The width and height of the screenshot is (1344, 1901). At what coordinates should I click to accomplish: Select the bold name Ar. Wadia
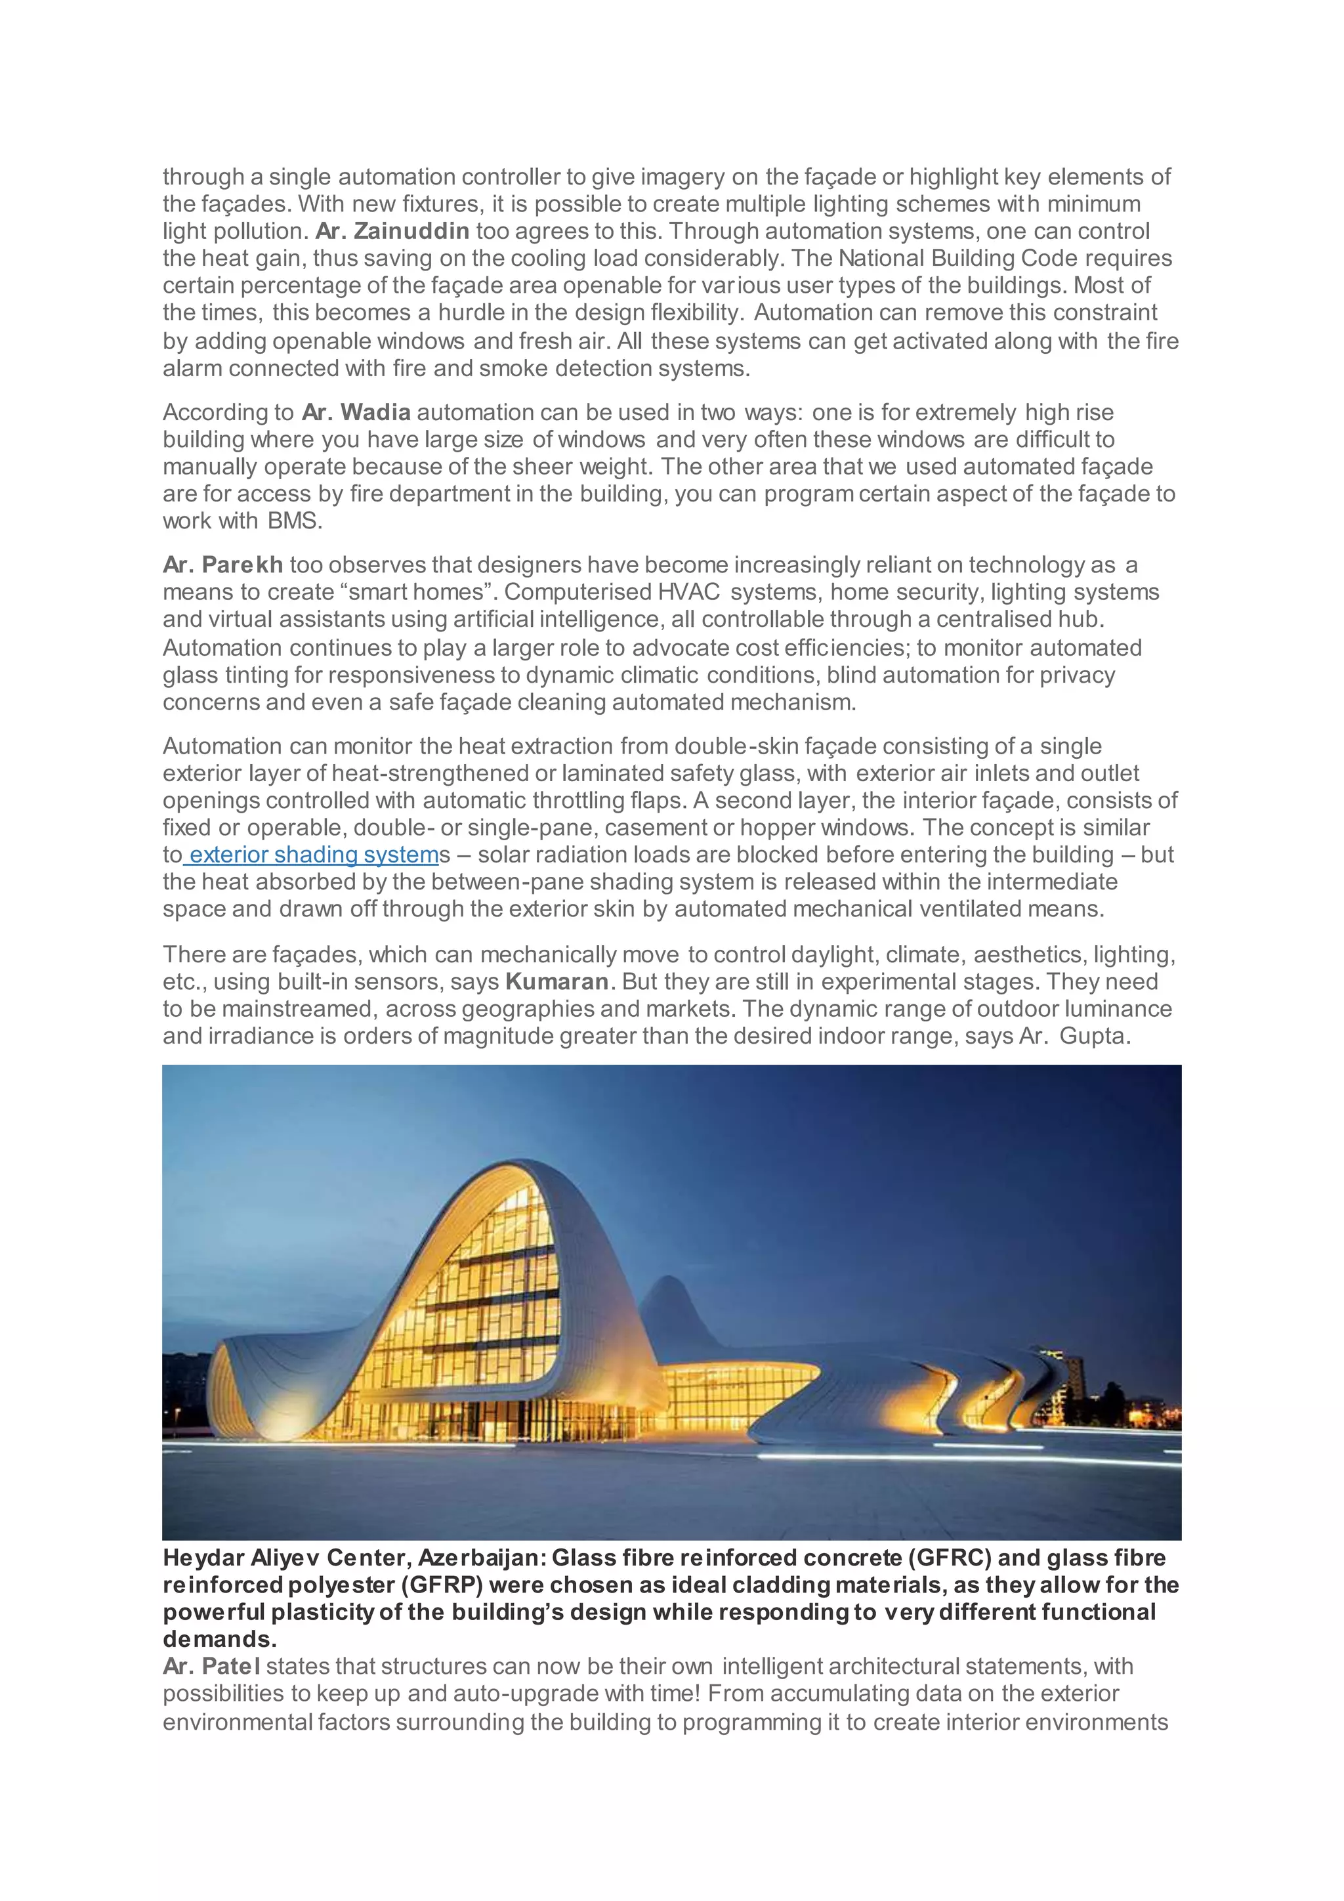(x=356, y=412)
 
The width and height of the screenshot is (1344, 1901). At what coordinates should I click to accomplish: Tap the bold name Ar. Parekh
(x=222, y=565)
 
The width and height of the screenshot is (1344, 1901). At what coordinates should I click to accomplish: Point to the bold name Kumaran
(x=557, y=982)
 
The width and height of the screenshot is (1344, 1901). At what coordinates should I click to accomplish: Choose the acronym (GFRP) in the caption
(x=444, y=1585)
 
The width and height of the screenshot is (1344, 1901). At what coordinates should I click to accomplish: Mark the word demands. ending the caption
(x=219, y=1639)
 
